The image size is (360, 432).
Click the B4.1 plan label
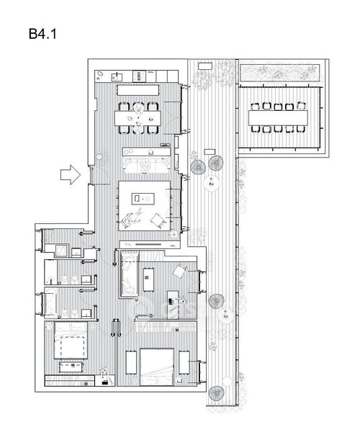pyautogui.click(x=42, y=34)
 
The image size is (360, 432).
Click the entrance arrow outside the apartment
pyautogui.click(x=71, y=175)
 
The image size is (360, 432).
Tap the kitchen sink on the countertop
pyautogui.click(x=117, y=76)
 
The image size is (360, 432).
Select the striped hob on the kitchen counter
pyautogui.click(x=139, y=76)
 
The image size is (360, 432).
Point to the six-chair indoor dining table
pyautogui.click(x=138, y=118)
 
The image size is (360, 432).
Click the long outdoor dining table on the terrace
pyautogui.click(x=278, y=117)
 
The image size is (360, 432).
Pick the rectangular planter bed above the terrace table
pyautogui.click(x=280, y=73)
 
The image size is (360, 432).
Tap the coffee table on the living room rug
pyautogui.click(x=143, y=199)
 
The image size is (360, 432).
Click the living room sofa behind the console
pyautogui.click(x=145, y=165)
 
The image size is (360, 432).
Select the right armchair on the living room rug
pyautogui.click(x=158, y=220)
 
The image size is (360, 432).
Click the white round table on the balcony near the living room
pyautogui.click(x=211, y=184)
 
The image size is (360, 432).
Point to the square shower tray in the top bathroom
pyautogui.click(x=62, y=250)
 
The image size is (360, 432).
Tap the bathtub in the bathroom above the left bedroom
pyautogui.click(x=50, y=304)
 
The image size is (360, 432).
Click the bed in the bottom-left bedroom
pyautogui.click(x=71, y=341)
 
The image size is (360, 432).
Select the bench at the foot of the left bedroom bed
pyautogui.click(x=71, y=366)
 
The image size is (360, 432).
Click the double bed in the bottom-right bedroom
pyautogui.click(x=157, y=366)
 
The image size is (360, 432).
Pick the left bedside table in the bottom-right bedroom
pyautogui.click(x=131, y=362)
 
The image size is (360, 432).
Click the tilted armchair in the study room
pyautogui.click(x=179, y=270)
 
